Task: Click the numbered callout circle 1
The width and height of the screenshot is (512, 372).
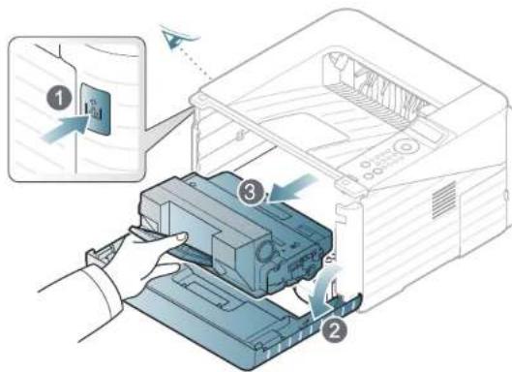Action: pos(59,98)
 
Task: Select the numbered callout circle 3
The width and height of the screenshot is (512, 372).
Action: pos(251,192)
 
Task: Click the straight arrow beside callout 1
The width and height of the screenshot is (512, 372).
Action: pos(66,129)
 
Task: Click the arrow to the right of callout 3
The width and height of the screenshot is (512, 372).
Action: pos(291,189)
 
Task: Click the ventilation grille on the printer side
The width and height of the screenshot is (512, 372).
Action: pos(443,201)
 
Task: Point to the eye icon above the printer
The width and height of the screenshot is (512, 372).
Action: pos(179,36)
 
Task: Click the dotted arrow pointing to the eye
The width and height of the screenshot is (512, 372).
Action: pos(194,64)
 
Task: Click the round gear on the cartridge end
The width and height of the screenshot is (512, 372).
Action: pos(265,251)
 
